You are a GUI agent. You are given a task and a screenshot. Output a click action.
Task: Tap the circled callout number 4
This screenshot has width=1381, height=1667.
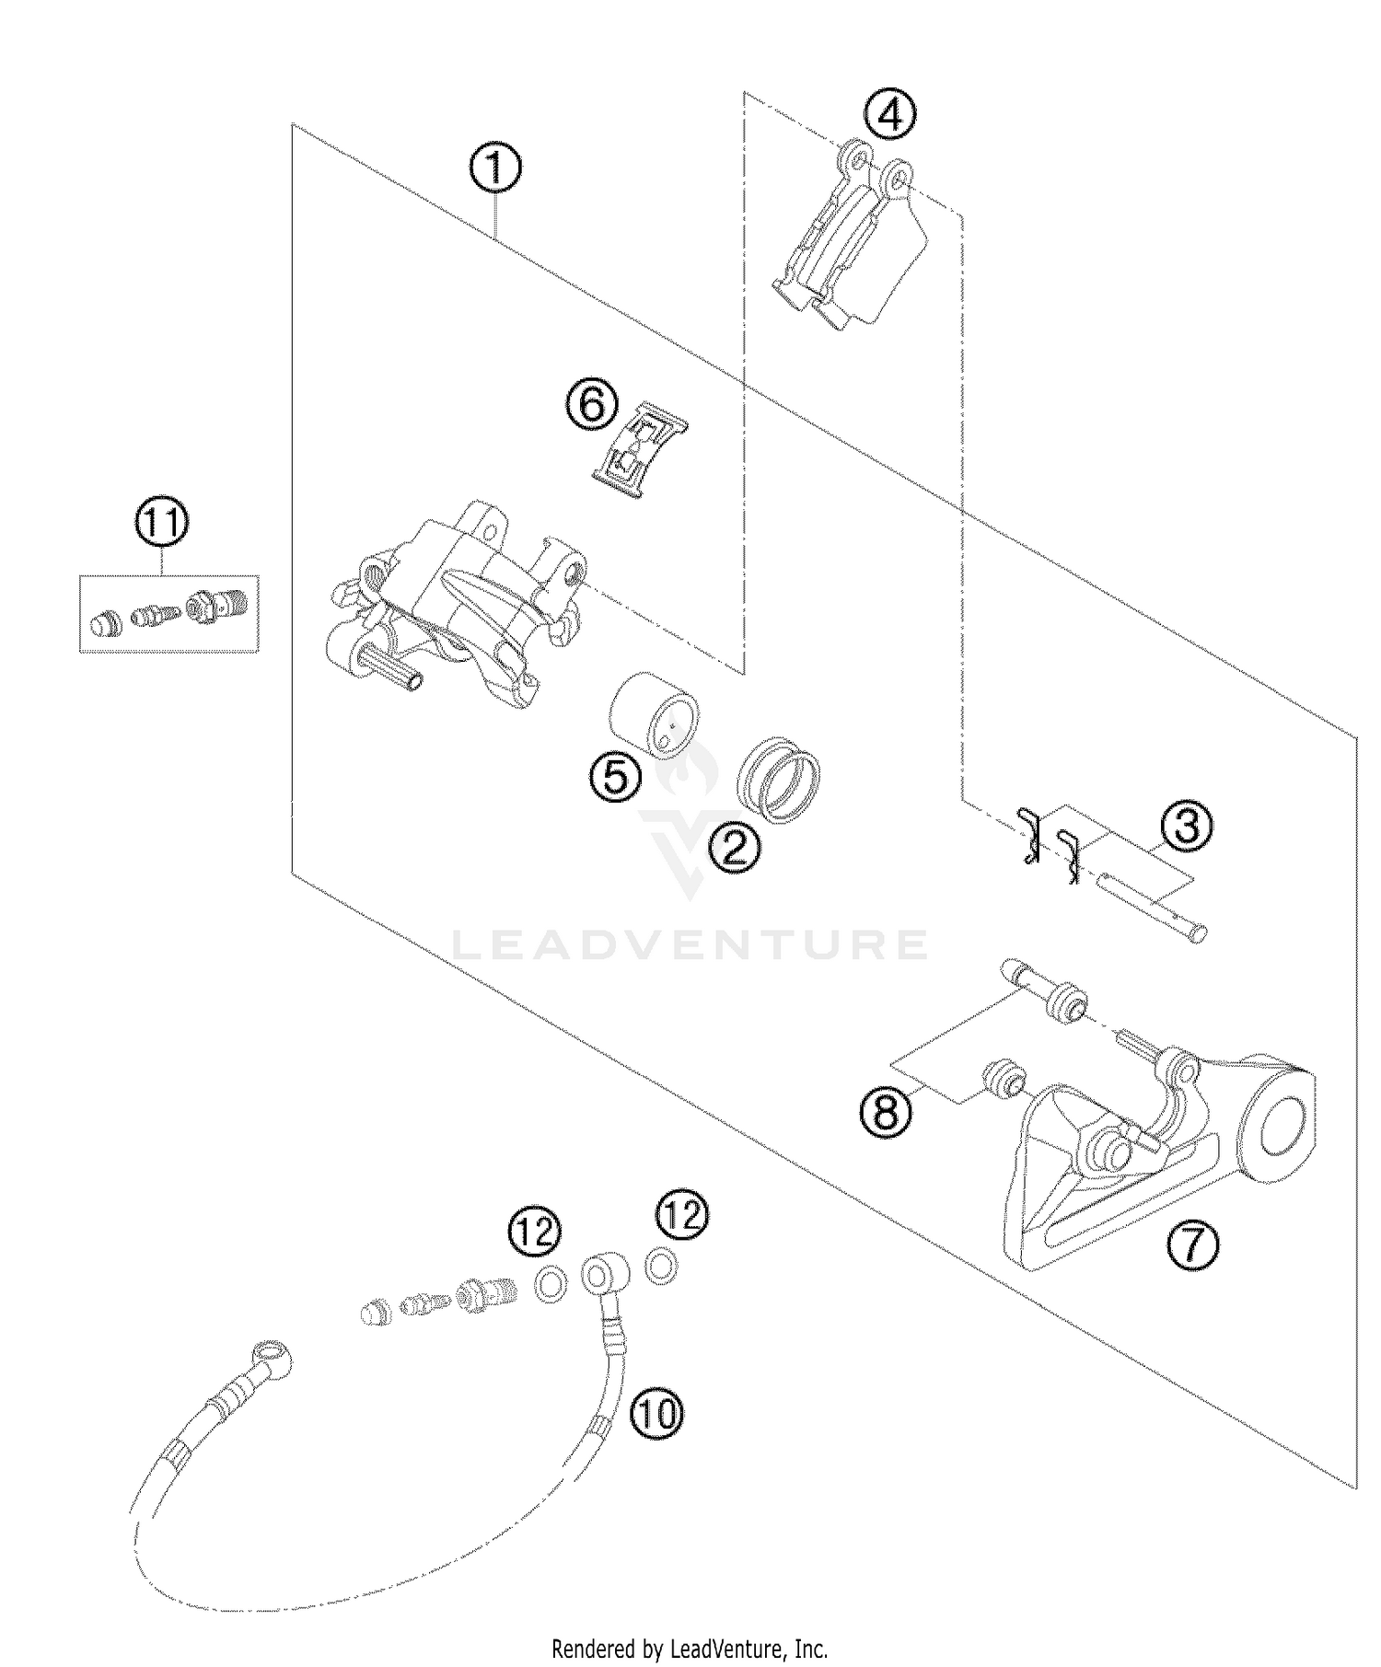tap(889, 115)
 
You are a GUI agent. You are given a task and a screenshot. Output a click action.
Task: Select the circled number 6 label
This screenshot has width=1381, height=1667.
tap(589, 404)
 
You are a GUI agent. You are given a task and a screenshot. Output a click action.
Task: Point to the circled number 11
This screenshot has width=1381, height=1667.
tap(162, 523)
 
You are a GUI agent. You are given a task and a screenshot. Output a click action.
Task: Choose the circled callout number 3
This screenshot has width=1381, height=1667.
tap(1187, 826)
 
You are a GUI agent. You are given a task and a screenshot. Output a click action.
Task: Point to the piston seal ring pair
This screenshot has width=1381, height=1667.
tap(779, 778)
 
